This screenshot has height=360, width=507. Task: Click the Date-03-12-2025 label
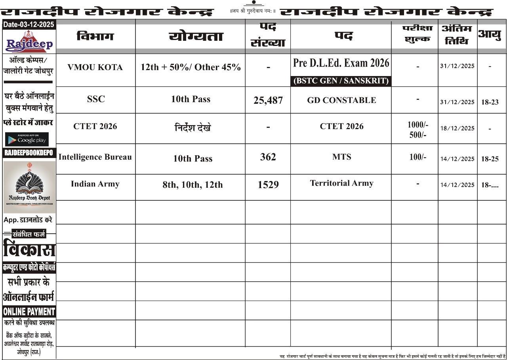(x=29, y=25)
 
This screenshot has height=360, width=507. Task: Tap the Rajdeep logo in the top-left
(x=29, y=42)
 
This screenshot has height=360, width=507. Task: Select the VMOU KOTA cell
(x=95, y=67)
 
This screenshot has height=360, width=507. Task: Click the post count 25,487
(x=268, y=100)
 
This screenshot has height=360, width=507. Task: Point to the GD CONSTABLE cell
(x=341, y=100)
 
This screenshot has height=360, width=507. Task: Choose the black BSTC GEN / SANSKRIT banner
(x=341, y=81)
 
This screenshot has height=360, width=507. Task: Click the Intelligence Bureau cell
(x=95, y=157)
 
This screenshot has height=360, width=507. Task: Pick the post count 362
(x=268, y=157)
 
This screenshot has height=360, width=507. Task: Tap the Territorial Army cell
(x=341, y=183)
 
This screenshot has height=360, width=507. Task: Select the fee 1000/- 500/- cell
(x=418, y=130)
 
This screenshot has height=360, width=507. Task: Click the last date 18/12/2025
(x=457, y=128)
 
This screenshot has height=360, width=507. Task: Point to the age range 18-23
(x=490, y=102)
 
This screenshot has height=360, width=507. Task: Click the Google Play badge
(x=27, y=139)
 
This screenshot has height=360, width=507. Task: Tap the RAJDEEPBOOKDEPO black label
(x=29, y=153)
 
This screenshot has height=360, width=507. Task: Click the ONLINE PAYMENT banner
(x=29, y=312)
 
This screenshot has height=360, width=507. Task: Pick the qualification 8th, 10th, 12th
(x=193, y=185)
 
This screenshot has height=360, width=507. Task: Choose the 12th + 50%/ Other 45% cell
(x=191, y=67)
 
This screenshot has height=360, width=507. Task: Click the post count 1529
(x=268, y=185)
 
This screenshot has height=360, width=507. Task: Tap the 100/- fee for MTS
(x=418, y=157)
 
